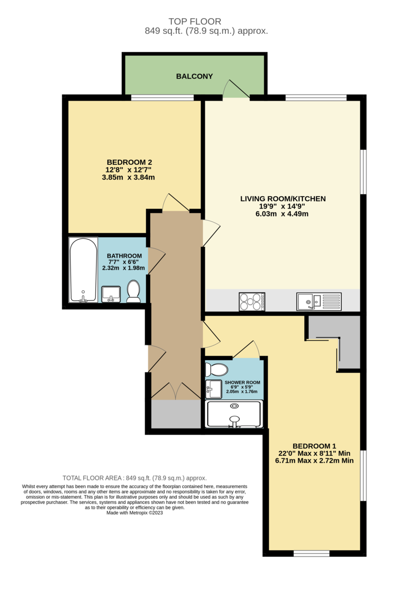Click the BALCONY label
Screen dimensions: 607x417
tap(194, 76)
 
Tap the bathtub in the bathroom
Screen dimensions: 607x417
tap(83, 270)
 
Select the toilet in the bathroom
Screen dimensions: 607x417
tap(133, 292)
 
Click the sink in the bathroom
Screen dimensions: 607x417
tap(111, 293)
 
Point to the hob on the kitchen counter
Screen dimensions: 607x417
tap(252, 302)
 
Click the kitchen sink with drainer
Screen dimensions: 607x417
tap(319, 301)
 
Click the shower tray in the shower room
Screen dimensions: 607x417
tap(234, 414)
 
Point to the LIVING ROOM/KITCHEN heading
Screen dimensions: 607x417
tap(283, 199)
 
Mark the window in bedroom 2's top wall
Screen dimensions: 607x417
tap(162, 98)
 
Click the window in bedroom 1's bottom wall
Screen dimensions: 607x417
tap(311, 553)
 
